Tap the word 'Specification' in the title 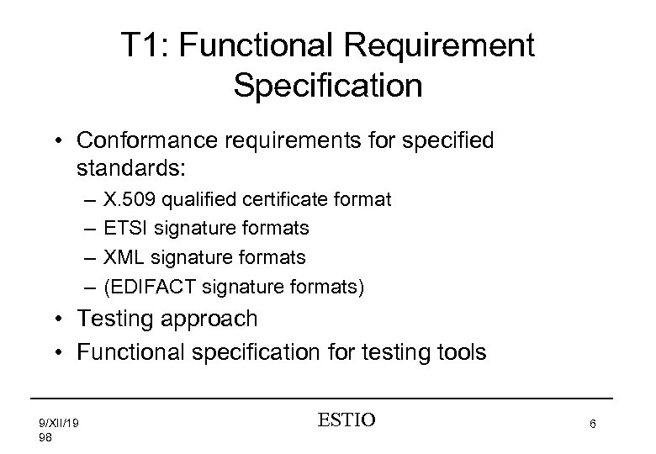click(328, 87)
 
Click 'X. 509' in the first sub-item click(125, 202)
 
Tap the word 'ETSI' click(122, 228)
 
